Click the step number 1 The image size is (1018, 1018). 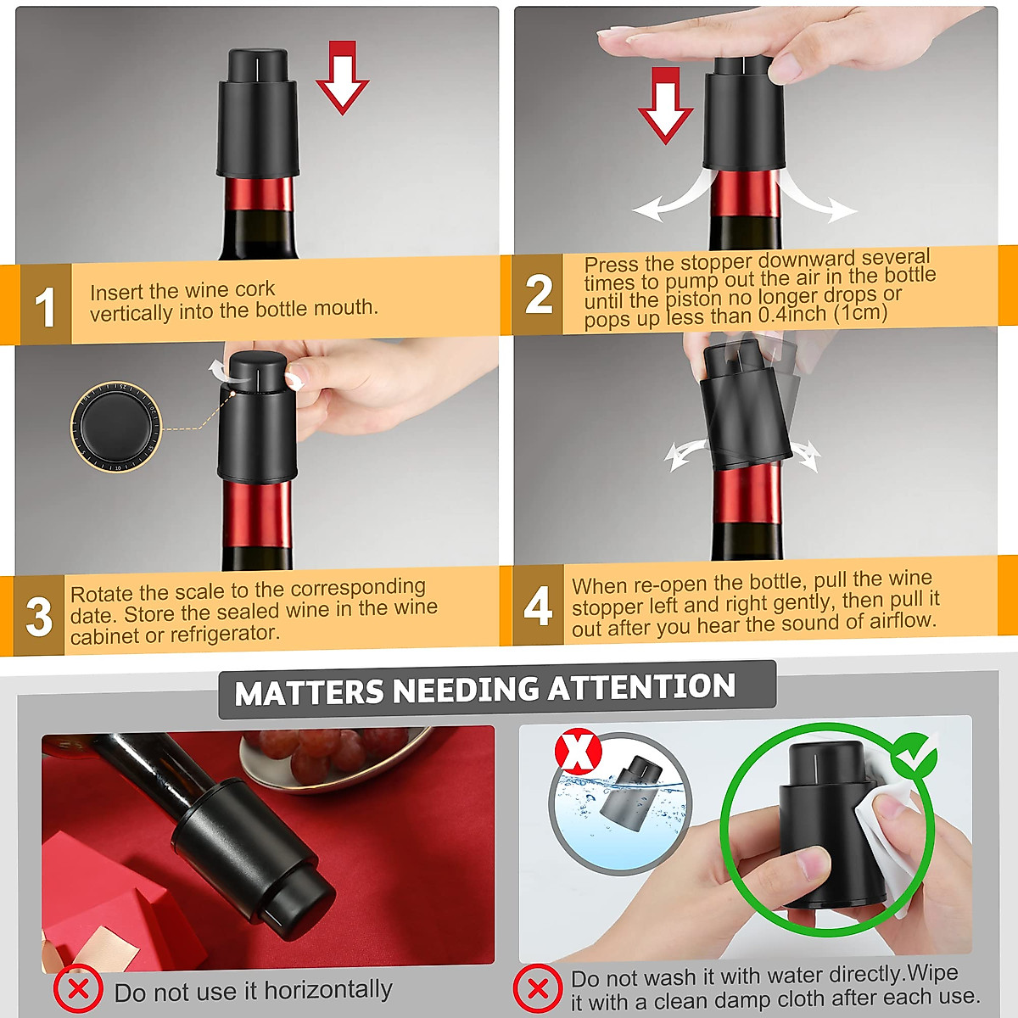click(x=44, y=307)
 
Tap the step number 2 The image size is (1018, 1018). click(x=538, y=295)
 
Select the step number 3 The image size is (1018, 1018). click(x=39, y=617)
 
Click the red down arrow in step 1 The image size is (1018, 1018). click(x=342, y=77)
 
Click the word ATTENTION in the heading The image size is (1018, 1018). click(x=641, y=687)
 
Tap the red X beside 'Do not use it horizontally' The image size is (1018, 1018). click(x=78, y=989)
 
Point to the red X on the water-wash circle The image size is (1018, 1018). click(x=578, y=752)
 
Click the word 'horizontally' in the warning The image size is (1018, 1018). click(x=327, y=990)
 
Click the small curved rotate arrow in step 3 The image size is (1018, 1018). click(x=219, y=369)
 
